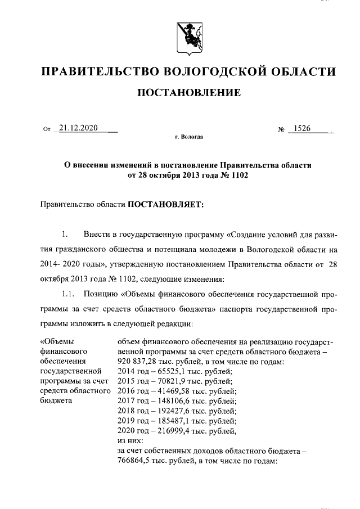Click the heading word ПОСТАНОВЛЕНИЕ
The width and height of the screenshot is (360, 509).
pos(190,92)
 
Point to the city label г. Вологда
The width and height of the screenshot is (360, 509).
pos(189,137)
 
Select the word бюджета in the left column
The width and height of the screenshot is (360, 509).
pos(56,401)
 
